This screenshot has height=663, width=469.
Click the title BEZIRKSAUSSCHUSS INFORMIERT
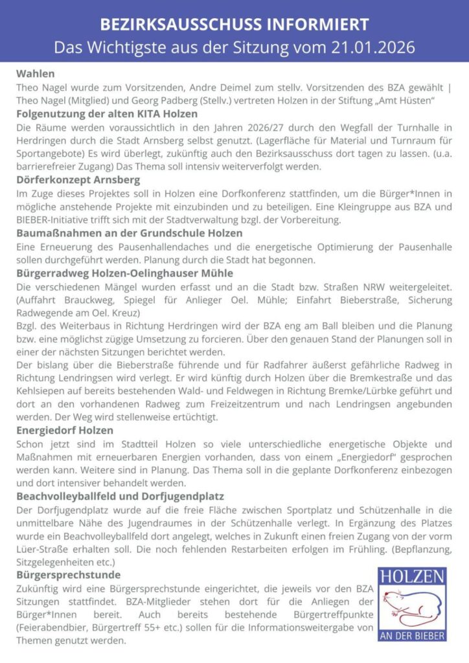click(234, 25)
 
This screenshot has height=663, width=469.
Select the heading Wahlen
click(35, 73)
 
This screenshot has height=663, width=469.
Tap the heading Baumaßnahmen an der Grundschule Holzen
click(130, 232)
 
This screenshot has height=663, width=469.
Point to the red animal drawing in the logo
click(412, 607)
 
